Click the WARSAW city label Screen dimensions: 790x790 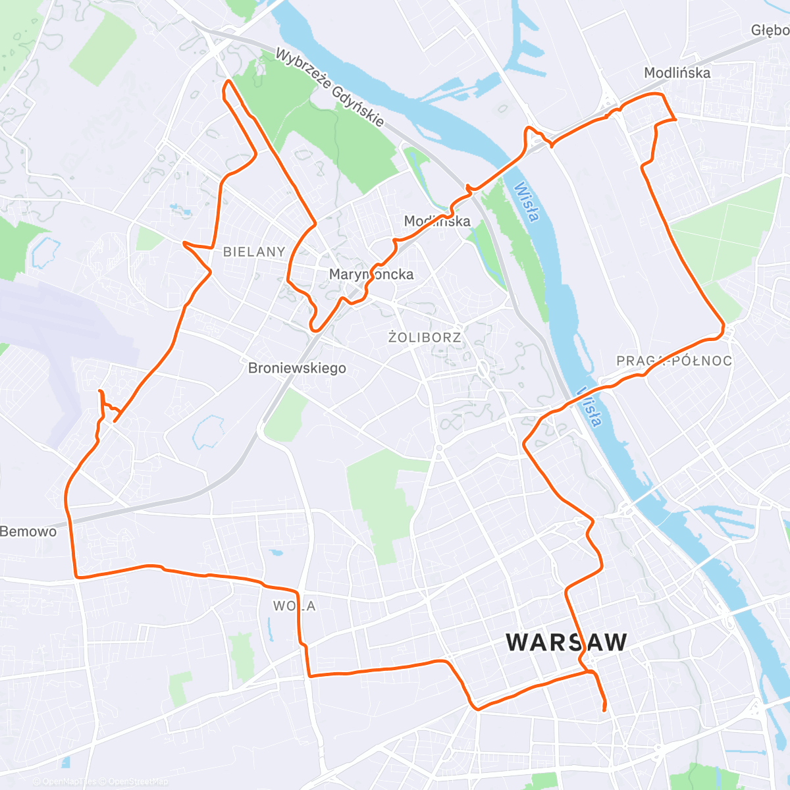pos(566,642)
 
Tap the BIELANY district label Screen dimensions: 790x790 pos(254,251)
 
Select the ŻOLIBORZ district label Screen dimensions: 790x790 pos(425,338)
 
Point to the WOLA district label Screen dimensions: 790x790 pos(295,606)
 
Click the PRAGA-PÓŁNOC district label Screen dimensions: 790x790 pos(674,361)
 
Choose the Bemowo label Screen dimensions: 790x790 pos(28,531)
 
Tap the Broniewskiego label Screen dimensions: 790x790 pos(297,368)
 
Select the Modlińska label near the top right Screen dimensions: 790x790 pos(677,72)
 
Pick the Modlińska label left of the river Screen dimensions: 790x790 pos(437,221)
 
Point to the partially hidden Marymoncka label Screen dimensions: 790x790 pos(371,274)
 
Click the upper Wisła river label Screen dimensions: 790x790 pos(527,201)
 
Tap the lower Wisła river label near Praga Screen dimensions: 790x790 pos(590,406)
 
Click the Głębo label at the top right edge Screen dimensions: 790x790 pos(770,30)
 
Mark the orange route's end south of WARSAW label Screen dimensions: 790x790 pos(604,710)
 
